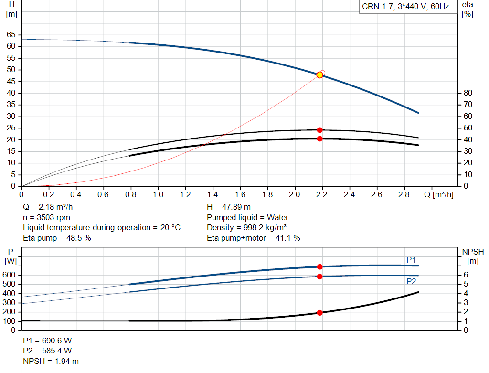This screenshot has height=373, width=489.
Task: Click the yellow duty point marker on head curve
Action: click(x=319, y=75)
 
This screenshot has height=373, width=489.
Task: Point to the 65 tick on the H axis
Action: click(x=11, y=35)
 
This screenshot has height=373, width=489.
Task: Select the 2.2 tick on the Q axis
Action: click(x=322, y=195)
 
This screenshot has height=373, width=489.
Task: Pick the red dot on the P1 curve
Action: click(x=319, y=267)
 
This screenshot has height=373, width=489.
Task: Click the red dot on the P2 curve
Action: click(x=319, y=277)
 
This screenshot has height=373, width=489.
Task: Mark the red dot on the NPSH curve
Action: click(x=319, y=313)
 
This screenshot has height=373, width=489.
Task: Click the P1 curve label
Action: click(x=411, y=260)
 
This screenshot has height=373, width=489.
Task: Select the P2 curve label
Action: click(x=411, y=282)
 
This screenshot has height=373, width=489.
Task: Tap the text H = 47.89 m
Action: click(x=229, y=207)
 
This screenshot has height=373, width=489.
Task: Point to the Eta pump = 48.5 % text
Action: click(x=57, y=238)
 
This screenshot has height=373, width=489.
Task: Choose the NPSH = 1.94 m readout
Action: click(x=51, y=362)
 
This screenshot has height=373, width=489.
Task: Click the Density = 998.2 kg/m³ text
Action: click(x=246, y=228)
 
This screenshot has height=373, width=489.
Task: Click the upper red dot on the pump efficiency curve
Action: click(x=319, y=130)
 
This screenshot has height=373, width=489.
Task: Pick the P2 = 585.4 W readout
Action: click(x=47, y=351)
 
